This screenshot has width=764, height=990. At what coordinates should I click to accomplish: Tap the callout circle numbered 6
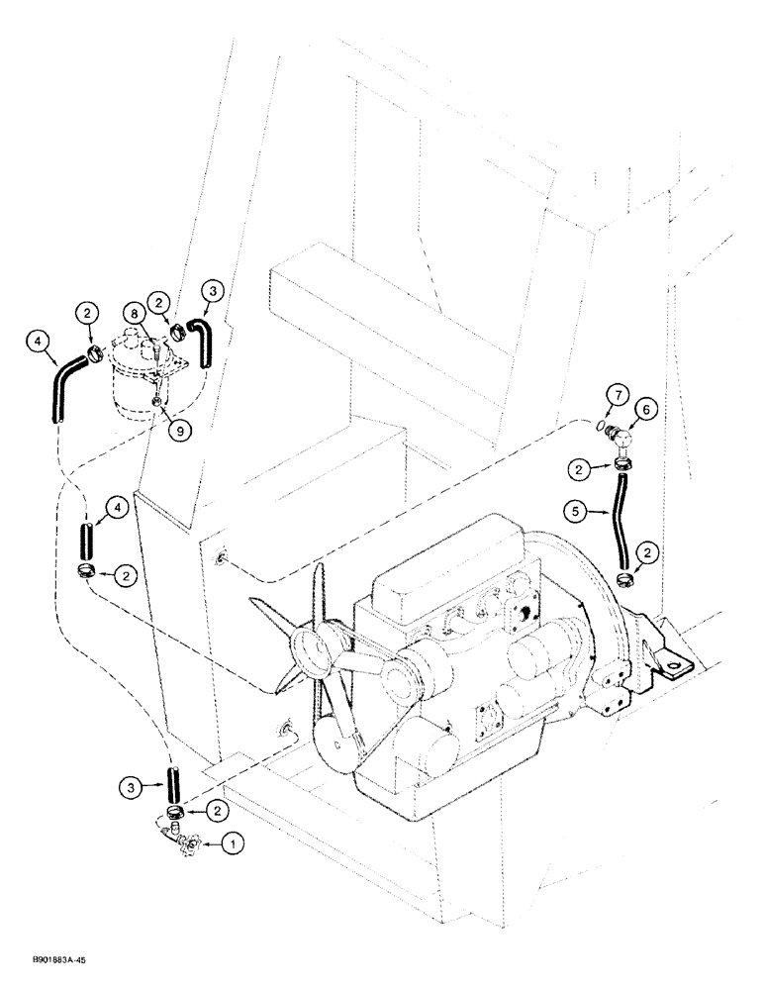pyautogui.click(x=648, y=409)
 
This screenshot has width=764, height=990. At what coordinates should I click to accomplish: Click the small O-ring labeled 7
pyautogui.click(x=603, y=427)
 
